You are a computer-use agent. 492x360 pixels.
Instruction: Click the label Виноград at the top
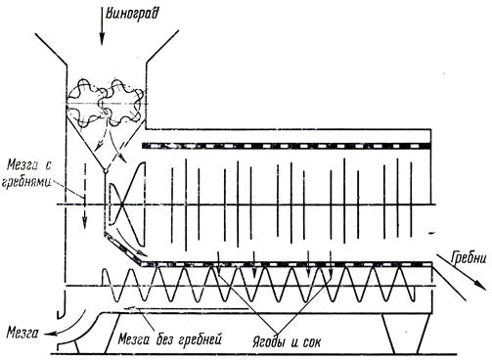[x=132, y=15]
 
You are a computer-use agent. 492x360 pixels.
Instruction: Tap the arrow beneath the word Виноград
[x=103, y=26]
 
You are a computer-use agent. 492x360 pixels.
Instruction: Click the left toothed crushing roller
[x=85, y=104]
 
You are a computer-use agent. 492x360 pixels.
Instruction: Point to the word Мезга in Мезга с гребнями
[x=23, y=165]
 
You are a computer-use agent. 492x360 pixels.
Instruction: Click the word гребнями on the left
[x=26, y=181]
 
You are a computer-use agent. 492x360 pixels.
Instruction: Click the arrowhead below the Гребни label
[x=478, y=284]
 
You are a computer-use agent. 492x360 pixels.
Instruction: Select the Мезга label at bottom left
[x=22, y=334]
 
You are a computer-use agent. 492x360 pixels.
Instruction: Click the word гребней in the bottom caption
[x=200, y=339]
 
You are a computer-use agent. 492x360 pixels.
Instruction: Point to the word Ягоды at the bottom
[x=270, y=342]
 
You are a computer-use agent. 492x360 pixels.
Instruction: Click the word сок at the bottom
[x=311, y=342]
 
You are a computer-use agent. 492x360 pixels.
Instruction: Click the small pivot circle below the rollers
[x=105, y=171]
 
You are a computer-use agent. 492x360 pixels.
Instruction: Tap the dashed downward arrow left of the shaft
[x=84, y=196]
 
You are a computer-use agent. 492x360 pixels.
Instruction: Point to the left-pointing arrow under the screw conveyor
[x=186, y=308]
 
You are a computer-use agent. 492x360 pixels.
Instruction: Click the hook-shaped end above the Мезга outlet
[x=62, y=306]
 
